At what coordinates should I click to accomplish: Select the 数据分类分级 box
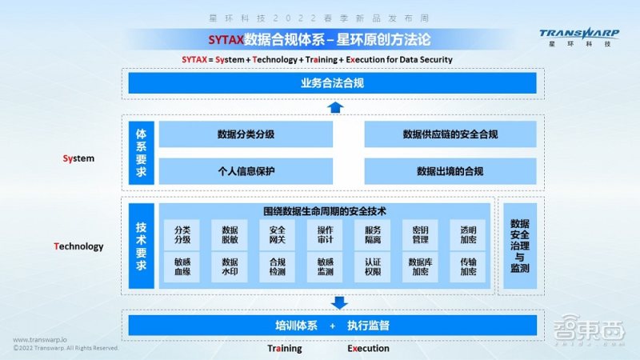click(246, 134)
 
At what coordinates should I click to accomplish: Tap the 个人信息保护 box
click(246, 170)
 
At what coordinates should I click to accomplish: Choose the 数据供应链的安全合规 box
click(450, 134)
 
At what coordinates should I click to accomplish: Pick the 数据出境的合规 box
click(450, 170)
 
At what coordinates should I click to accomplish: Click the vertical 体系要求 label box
click(141, 152)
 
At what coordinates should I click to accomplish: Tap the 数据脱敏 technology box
click(230, 234)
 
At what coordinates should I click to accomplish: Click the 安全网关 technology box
click(277, 234)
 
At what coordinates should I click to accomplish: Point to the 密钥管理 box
click(420, 234)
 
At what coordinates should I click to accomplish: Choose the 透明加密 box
click(467, 234)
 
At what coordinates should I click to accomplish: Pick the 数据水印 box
click(230, 266)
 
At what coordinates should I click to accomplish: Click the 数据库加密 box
click(420, 266)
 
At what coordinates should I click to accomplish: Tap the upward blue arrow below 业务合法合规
click(336, 106)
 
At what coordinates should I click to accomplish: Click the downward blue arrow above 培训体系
click(339, 302)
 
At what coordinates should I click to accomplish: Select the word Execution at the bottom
click(368, 348)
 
